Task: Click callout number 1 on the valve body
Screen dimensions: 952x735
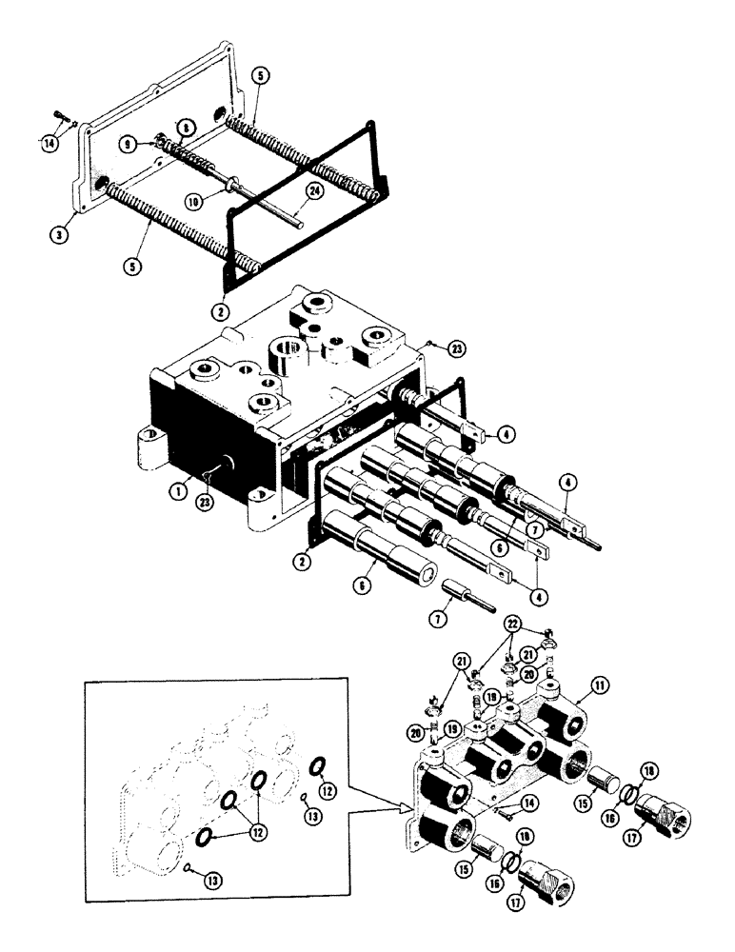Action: click(x=176, y=492)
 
